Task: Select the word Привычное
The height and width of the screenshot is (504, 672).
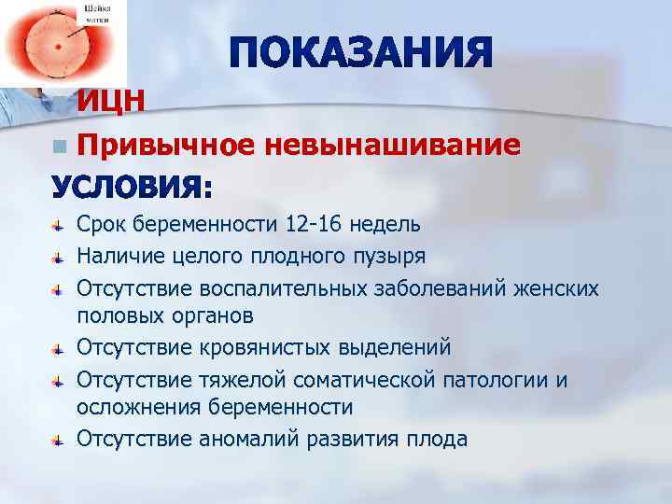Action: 165,145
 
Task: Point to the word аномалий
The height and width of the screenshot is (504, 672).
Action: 249,440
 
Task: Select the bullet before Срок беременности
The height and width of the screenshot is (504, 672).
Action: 58,225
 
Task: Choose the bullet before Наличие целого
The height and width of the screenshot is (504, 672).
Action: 58,256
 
